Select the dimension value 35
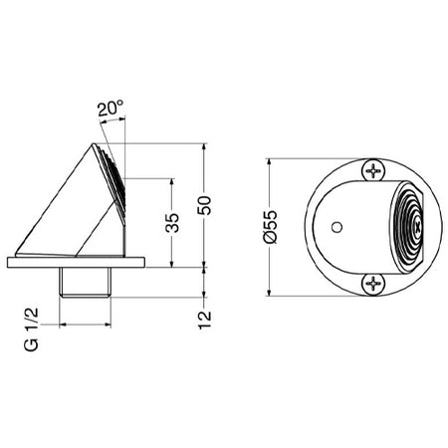[x=172, y=223]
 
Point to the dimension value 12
[x=206, y=320]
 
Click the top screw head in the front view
[x=373, y=171]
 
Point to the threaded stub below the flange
[x=87, y=283]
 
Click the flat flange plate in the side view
[x=77, y=263]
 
